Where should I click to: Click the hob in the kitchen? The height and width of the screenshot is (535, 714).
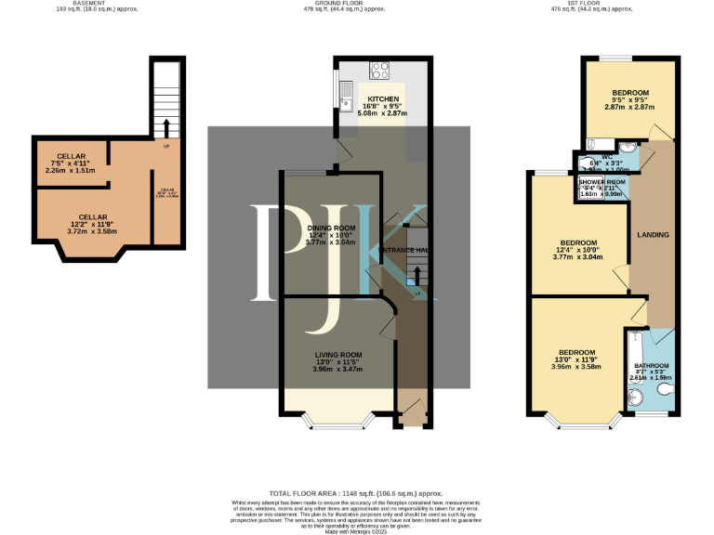point(380,69)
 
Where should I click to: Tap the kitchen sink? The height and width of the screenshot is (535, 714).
point(345,90)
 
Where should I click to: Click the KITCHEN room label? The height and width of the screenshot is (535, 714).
point(382,98)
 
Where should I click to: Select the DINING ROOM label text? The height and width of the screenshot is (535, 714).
point(331,228)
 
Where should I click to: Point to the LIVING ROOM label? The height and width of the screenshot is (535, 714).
point(338,355)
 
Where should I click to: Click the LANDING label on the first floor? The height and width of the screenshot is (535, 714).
point(653,235)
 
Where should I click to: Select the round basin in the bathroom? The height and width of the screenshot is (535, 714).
point(636,398)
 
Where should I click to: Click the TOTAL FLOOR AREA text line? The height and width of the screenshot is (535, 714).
point(356,494)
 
